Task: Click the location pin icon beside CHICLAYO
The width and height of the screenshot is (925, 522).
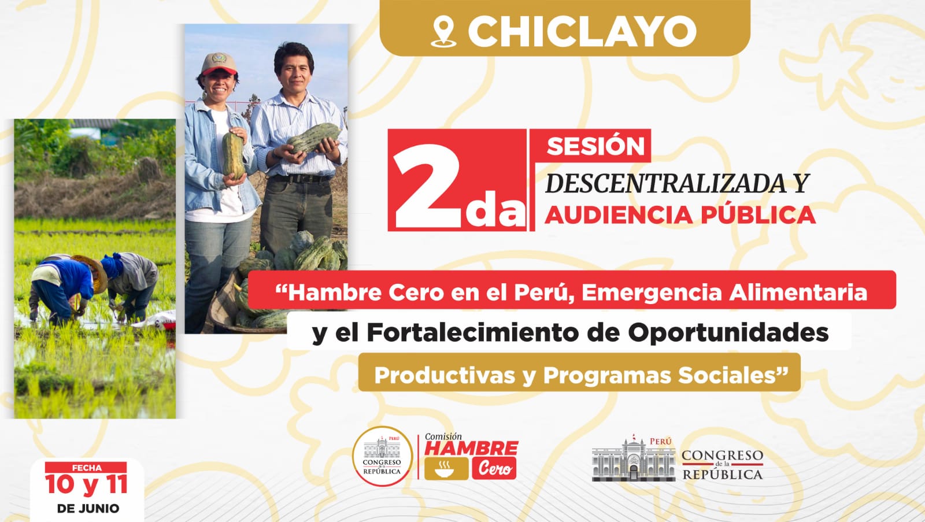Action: pos(443,32)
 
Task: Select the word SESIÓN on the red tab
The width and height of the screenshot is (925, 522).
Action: pos(595,146)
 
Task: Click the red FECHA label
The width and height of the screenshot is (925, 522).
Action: pos(86,468)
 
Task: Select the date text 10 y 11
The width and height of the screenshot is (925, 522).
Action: pos(86,485)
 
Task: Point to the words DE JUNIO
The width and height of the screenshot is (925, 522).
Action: pos(88,508)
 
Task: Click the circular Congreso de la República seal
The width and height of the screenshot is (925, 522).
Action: pos(382,456)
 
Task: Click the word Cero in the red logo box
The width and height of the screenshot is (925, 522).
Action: pos(495,468)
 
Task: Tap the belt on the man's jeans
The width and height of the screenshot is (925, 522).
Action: pos(301,179)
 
